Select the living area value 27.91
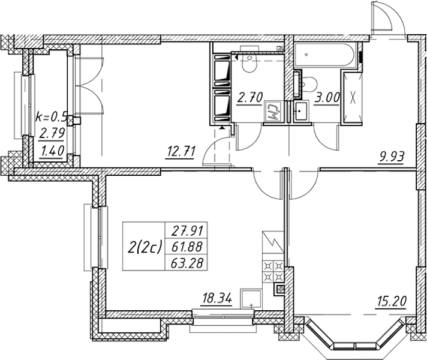click(x=186, y=229)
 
